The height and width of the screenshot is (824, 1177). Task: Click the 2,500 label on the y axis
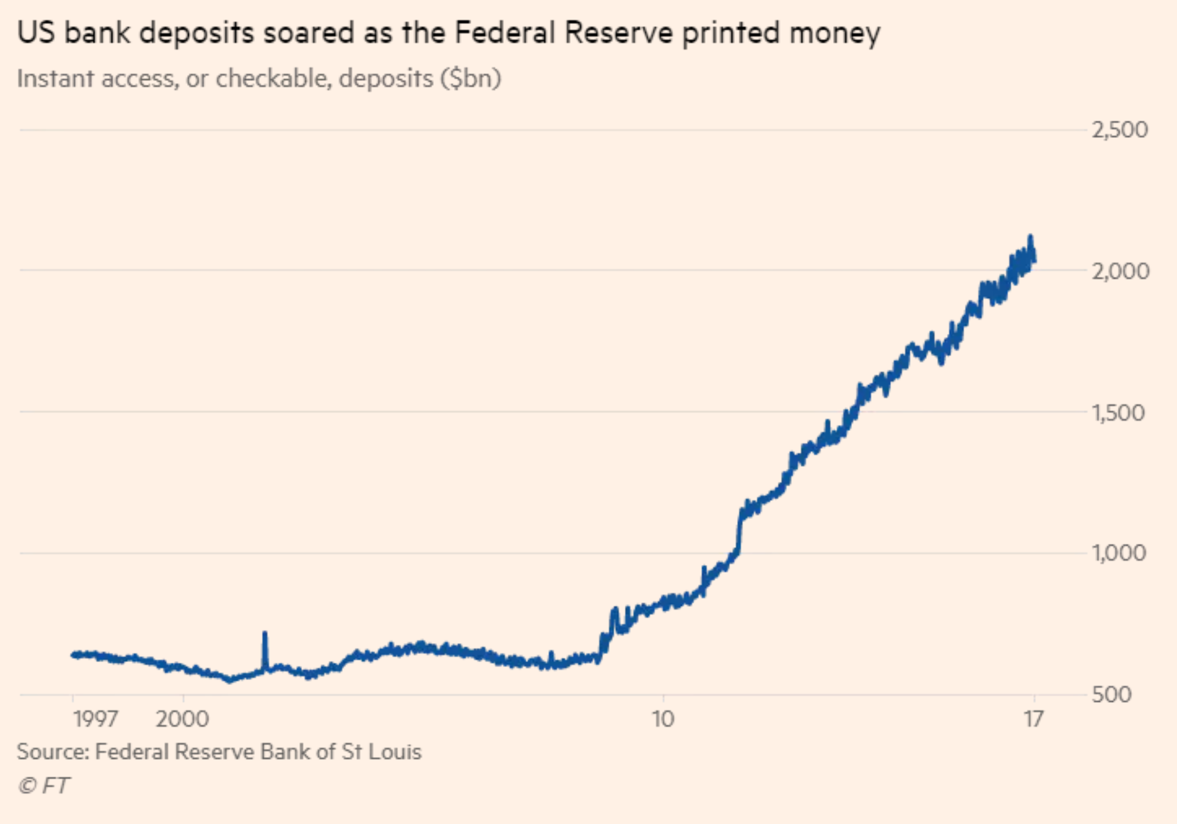pos(1119,130)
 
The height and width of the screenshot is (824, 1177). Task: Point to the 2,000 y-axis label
pos(1119,271)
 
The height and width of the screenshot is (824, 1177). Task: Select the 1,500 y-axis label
pos(1118,413)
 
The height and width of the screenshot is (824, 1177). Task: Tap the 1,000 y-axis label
pos(1118,553)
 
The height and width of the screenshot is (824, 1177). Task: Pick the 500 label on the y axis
pos(1112,694)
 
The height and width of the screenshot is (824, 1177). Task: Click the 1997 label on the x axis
pos(95,718)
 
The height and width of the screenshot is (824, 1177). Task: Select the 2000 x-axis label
pos(182,718)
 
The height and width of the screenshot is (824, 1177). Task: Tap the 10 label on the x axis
pos(663,718)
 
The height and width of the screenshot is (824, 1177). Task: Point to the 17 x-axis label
pos(1034,718)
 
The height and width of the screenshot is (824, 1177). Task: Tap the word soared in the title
pos(309,32)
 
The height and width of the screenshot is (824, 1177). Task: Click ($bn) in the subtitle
pos(470,79)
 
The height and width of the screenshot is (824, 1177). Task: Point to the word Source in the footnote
pos(52,751)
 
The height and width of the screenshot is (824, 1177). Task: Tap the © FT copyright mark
pos(44,785)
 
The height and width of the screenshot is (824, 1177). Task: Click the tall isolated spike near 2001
pos(265,634)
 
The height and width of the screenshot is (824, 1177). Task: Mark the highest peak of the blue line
pos(1030,237)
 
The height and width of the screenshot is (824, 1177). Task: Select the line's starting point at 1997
pos(73,654)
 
